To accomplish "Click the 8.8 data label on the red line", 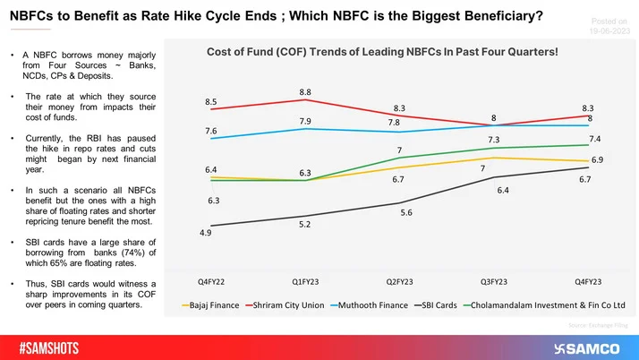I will [x=305, y=90].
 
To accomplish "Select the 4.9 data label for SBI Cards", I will [x=205, y=234].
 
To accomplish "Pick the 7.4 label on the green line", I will [x=593, y=139].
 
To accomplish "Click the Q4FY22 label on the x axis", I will [x=211, y=283].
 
